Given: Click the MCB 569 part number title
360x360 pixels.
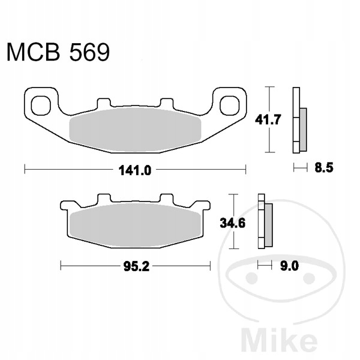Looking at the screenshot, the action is pyautogui.click(x=58, y=52).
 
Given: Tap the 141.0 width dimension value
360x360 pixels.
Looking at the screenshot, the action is pyautogui.click(x=135, y=170).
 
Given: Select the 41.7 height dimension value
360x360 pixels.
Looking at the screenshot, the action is pyautogui.click(x=268, y=119).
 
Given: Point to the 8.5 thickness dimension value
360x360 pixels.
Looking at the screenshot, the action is pyautogui.click(x=324, y=168).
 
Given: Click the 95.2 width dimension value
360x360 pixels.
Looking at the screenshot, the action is pyautogui.click(x=136, y=266).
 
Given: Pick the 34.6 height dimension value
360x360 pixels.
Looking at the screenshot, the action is pyautogui.click(x=233, y=223).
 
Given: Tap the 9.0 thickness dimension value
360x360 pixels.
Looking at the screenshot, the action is pyautogui.click(x=289, y=266).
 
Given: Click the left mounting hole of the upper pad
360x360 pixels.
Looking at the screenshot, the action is pyautogui.click(x=41, y=106).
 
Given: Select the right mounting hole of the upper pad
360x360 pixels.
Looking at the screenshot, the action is pyautogui.click(x=230, y=106).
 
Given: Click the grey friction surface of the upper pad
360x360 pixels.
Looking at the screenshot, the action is pyautogui.click(x=135, y=130).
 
